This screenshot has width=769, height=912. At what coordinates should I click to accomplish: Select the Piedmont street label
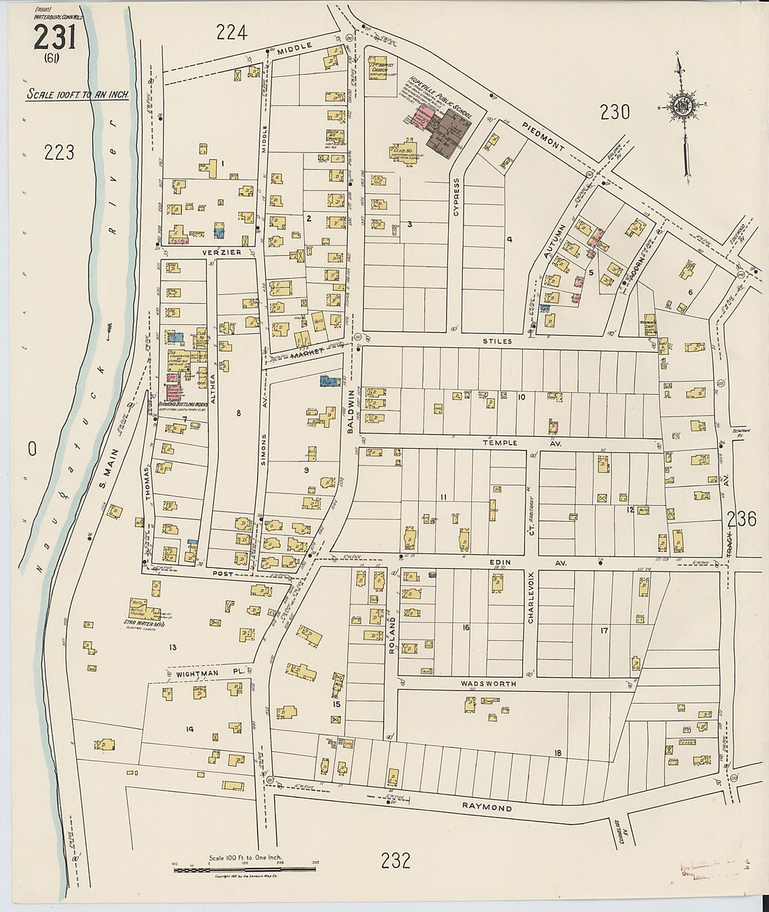tap(543, 136)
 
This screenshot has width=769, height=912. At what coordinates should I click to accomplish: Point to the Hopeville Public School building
tap(443, 130)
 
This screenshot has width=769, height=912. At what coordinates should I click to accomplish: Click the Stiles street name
tap(497, 341)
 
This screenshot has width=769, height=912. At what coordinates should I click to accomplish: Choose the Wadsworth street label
tap(488, 683)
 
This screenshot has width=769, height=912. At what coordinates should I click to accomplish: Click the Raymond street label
tap(487, 807)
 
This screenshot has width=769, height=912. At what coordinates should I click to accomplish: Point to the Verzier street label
tap(222, 252)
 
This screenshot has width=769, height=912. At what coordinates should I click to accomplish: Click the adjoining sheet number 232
tap(396, 860)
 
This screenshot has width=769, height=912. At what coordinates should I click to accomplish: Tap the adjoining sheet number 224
tap(231, 31)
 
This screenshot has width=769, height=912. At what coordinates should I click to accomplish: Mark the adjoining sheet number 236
tap(741, 519)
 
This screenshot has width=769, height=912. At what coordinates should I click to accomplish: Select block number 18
tap(557, 753)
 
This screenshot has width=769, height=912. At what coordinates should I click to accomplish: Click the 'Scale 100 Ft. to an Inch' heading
tap(78, 94)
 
